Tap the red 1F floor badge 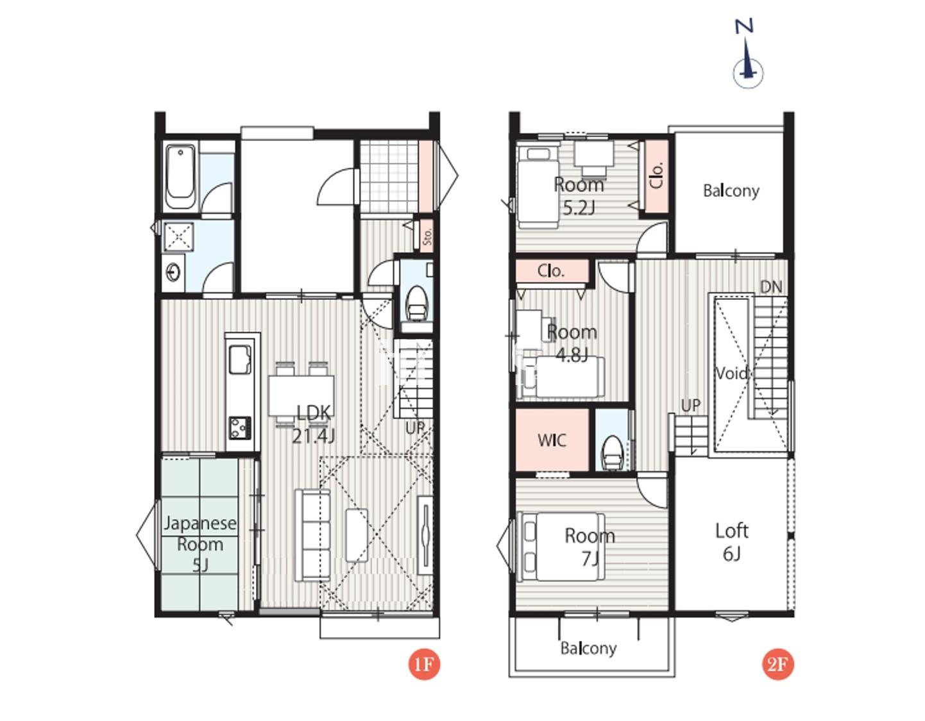424,664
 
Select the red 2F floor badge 777,664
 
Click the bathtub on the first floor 180,177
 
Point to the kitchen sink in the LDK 240,360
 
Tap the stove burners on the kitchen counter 240,427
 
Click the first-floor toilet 416,303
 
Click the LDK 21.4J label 314,424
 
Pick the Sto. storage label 427,236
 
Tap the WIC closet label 552,440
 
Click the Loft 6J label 732,542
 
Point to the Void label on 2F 732,373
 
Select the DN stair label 771,287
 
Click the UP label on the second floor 690,406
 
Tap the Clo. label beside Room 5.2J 658,175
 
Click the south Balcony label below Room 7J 588,649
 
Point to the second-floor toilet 613,452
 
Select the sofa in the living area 312,535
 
